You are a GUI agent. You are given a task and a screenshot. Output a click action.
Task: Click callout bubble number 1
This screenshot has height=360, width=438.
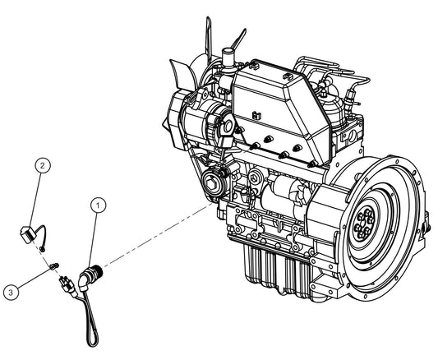pos(99,203)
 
